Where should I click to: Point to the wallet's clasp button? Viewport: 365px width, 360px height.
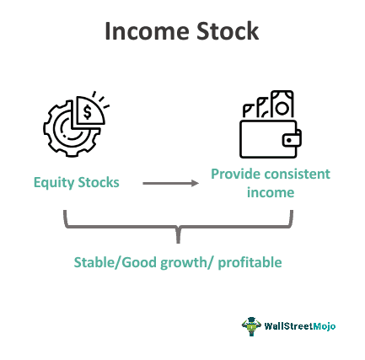(x=293, y=137)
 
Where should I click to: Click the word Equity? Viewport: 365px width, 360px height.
(x=53, y=182)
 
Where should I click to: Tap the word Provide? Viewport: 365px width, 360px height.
(x=233, y=175)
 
